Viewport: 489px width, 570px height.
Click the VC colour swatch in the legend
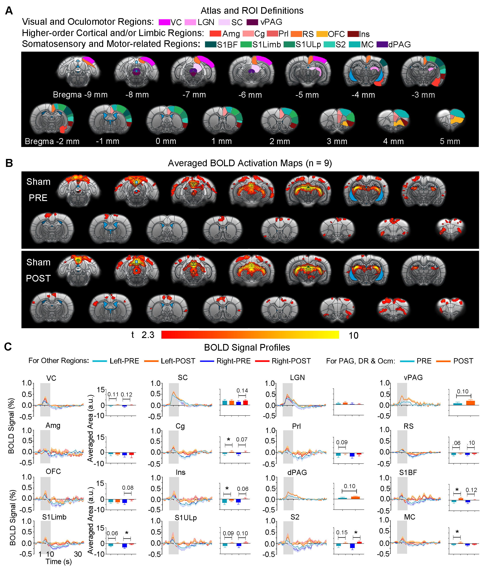tap(164, 22)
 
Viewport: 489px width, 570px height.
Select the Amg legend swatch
tap(215, 34)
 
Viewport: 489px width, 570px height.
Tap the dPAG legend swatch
tap(382, 44)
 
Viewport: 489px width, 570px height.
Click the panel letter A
tap(9, 10)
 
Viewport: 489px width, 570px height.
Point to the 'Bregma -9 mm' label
tap(80, 95)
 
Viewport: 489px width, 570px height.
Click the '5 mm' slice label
tap(450, 141)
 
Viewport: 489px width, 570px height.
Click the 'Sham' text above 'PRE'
tap(38, 182)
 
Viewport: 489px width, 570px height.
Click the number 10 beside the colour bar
tap(353, 335)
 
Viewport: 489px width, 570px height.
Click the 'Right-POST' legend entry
tap(291, 361)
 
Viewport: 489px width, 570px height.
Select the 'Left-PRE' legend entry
tap(124, 361)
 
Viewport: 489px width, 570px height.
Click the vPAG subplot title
tap(413, 377)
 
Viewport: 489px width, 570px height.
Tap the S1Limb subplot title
tap(54, 517)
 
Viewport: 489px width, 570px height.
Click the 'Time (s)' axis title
tap(59, 561)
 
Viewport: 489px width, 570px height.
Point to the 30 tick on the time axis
tap(78, 554)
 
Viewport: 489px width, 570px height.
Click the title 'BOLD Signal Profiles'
tap(247, 348)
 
